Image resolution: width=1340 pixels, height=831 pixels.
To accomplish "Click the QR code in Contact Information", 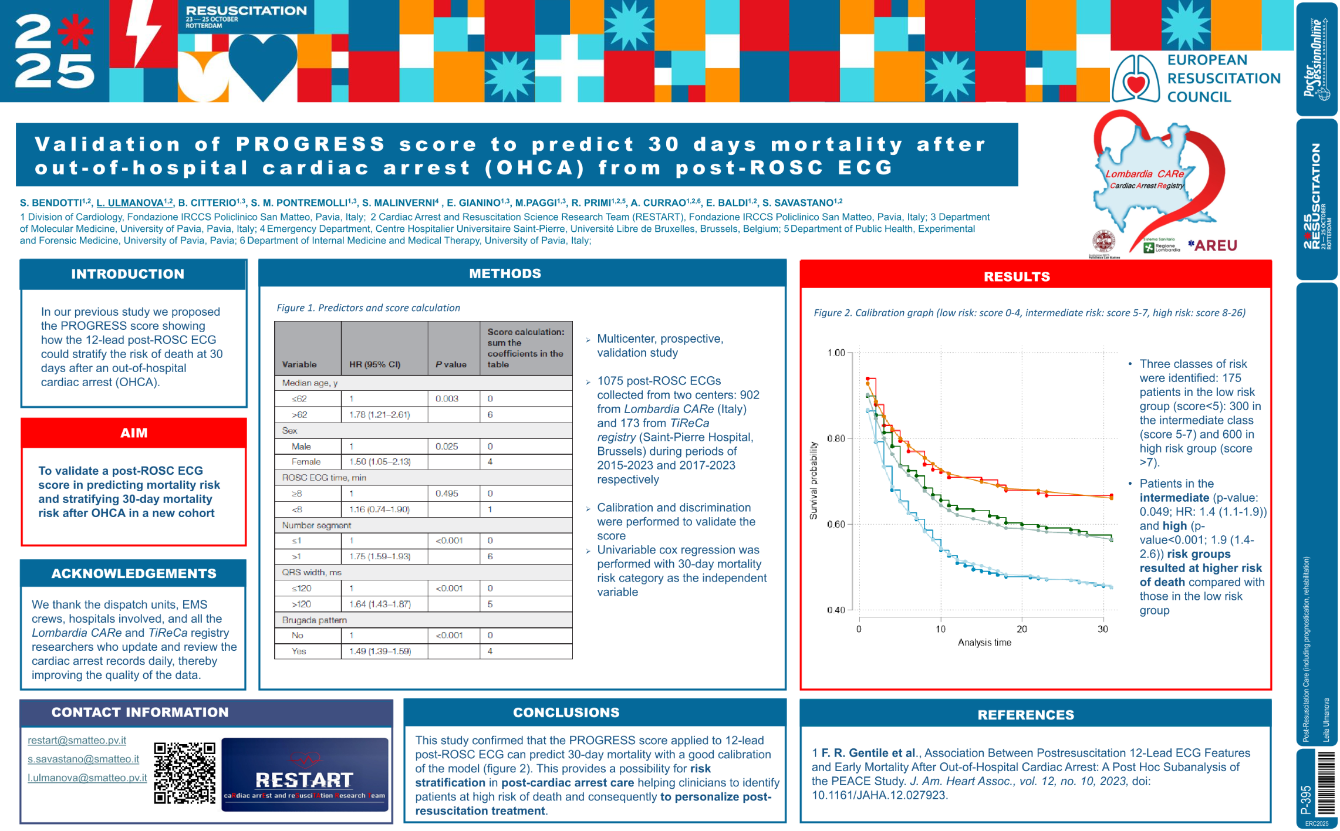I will tap(184, 772).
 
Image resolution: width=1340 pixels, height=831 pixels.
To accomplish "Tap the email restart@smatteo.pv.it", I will tap(77, 741).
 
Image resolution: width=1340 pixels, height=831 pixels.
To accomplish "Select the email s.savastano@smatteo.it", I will tap(83, 759).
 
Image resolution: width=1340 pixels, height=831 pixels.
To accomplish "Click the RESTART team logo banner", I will tap(305, 775).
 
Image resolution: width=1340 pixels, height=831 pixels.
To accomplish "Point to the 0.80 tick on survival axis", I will tap(836, 438).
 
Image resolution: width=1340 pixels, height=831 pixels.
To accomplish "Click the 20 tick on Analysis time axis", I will tap(1022, 629).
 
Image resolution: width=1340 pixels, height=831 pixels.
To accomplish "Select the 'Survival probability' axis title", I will tap(814, 481).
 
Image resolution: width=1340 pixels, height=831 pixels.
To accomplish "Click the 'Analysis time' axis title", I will tap(984, 643).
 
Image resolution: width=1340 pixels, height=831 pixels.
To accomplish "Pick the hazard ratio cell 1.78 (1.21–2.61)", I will tap(380, 414).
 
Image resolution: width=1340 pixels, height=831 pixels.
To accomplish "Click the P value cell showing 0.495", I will tap(447, 494).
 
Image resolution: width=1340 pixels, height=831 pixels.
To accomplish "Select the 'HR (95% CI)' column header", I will tap(374, 364).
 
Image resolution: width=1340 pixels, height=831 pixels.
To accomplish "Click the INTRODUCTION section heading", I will tap(128, 274).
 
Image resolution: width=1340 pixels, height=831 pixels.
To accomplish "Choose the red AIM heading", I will tap(134, 433).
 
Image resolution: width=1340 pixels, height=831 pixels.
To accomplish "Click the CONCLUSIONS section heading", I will tap(566, 712).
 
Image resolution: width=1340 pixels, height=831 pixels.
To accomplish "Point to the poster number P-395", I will tap(1306, 800).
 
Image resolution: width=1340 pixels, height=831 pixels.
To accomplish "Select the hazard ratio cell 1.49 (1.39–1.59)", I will tap(380, 651).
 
